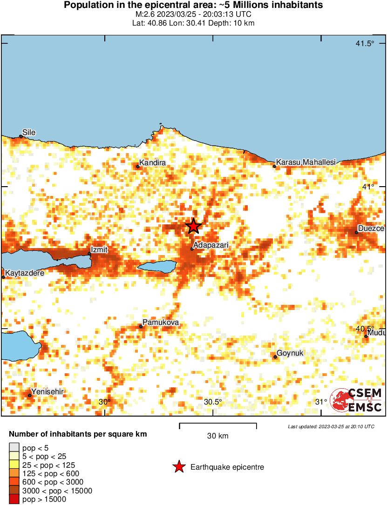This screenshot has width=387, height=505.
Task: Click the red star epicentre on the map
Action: (x=193, y=226)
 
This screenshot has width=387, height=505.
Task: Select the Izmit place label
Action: (x=99, y=249)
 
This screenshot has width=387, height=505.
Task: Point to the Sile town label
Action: (x=29, y=133)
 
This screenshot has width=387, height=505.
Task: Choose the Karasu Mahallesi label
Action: (x=306, y=162)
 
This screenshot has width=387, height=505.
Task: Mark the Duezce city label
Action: (x=371, y=229)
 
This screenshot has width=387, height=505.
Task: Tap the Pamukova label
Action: (x=160, y=323)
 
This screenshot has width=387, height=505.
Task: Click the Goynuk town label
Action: (x=290, y=353)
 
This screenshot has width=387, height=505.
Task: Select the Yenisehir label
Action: (x=47, y=391)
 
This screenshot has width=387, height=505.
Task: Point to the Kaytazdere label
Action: (x=25, y=273)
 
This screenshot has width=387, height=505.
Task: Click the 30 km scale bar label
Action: (x=217, y=436)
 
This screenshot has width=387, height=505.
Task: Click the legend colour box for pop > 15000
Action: (x=14, y=499)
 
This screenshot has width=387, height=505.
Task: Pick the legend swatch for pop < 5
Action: (x=14, y=448)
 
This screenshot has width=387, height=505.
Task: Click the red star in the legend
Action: (x=179, y=467)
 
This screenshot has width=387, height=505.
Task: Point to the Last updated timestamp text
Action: (x=331, y=426)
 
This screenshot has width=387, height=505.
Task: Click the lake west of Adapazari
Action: (x=157, y=267)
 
